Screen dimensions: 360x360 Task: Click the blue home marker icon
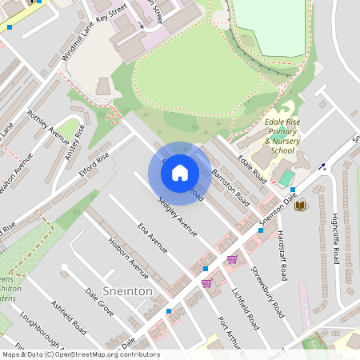click(x=180, y=171)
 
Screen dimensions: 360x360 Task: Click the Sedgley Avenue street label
click(x=177, y=217)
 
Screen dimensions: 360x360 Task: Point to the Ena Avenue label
click(x=151, y=238)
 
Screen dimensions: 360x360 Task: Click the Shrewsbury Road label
click(x=267, y=292)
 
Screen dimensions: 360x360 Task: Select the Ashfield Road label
click(x=68, y=318)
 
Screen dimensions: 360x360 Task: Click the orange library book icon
click(x=300, y=206)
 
